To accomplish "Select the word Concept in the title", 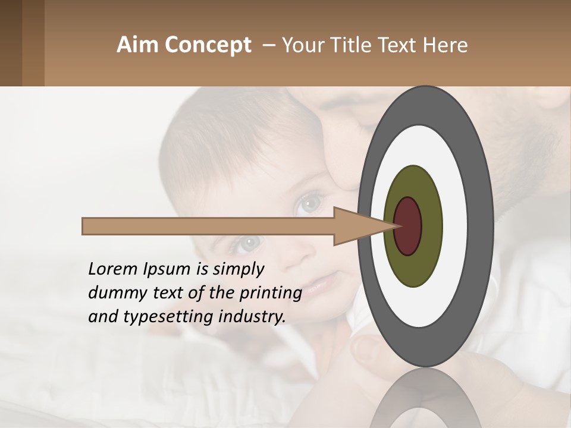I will pos(208,45).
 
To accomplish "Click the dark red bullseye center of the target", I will pos(407,226).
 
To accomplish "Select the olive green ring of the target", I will pos(413,267).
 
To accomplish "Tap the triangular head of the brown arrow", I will pos(357,226).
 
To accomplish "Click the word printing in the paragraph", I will pos(270,294).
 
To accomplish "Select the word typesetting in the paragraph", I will pos(158,317).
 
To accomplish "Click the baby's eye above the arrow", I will pos(309,204).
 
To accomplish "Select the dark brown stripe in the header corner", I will pos(11,43).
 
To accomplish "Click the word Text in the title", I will pos(404,45).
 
